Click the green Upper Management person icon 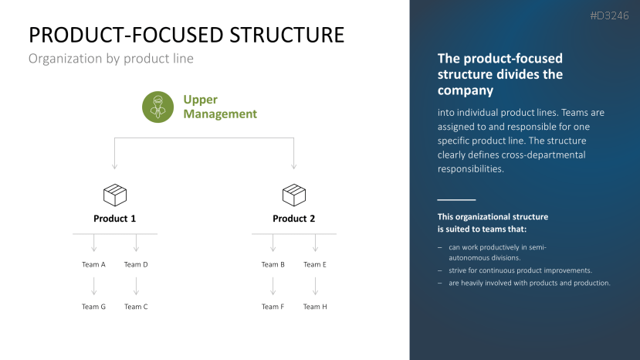[x=158, y=107]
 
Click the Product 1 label [x=115, y=219]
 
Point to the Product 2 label [x=294, y=219]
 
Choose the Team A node [x=94, y=264]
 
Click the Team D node [x=136, y=264]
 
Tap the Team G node [x=94, y=307]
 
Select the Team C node [x=136, y=307]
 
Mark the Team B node [x=273, y=264]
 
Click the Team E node [x=315, y=264]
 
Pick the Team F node [x=273, y=307]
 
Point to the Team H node [x=315, y=307]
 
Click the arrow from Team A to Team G [x=94, y=286]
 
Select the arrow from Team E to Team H [x=315, y=286]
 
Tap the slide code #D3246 [x=610, y=15]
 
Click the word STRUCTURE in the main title [x=281, y=35]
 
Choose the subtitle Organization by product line [x=110, y=59]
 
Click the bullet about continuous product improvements [x=520, y=270]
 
